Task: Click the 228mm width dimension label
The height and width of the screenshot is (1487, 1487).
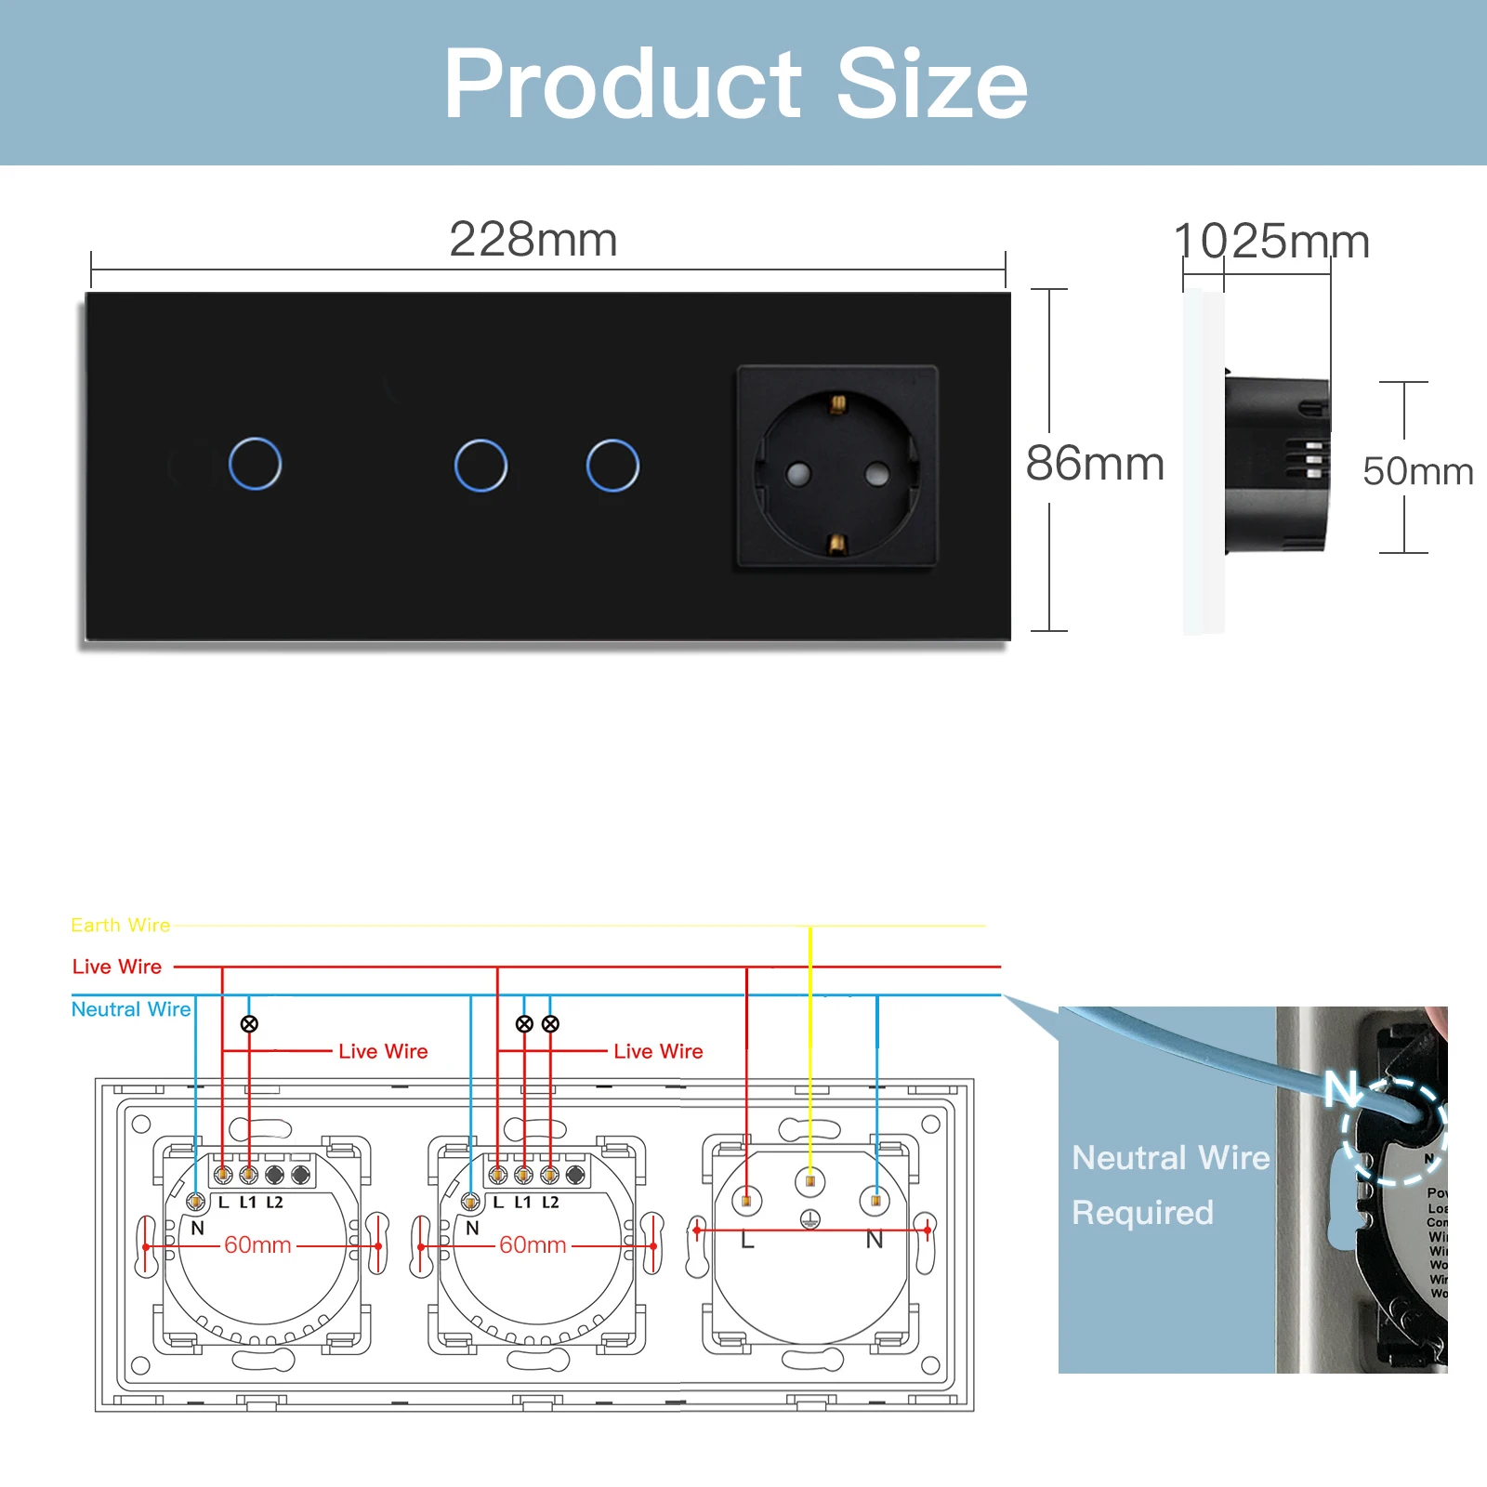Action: (x=533, y=240)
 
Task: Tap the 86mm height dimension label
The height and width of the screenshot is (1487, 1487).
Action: (x=1095, y=464)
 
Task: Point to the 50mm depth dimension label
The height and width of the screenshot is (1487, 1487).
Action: (x=1417, y=471)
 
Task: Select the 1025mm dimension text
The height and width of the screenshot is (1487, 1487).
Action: (x=1271, y=242)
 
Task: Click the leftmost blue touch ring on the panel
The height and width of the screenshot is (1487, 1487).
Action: (x=255, y=464)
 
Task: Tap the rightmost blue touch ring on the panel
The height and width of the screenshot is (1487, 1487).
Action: (x=612, y=465)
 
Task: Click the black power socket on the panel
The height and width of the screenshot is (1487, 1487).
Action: (x=837, y=466)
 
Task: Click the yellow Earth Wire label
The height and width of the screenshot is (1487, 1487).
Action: (x=121, y=926)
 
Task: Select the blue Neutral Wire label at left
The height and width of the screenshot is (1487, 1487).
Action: (x=131, y=1009)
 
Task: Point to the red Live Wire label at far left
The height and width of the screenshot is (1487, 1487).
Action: (x=117, y=967)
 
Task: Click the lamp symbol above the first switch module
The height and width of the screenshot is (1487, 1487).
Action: (x=249, y=1024)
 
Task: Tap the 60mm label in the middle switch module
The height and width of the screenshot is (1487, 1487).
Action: (x=533, y=1245)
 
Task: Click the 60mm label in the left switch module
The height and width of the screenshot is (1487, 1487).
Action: (x=257, y=1245)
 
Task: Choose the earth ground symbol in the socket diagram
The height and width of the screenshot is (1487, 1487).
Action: (x=809, y=1219)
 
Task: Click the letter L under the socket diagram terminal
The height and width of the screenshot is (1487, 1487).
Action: (x=747, y=1241)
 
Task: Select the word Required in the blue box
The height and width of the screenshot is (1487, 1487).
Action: (x=1142, y=1213)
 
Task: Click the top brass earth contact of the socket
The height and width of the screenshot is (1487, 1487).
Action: (x=837, y=403)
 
